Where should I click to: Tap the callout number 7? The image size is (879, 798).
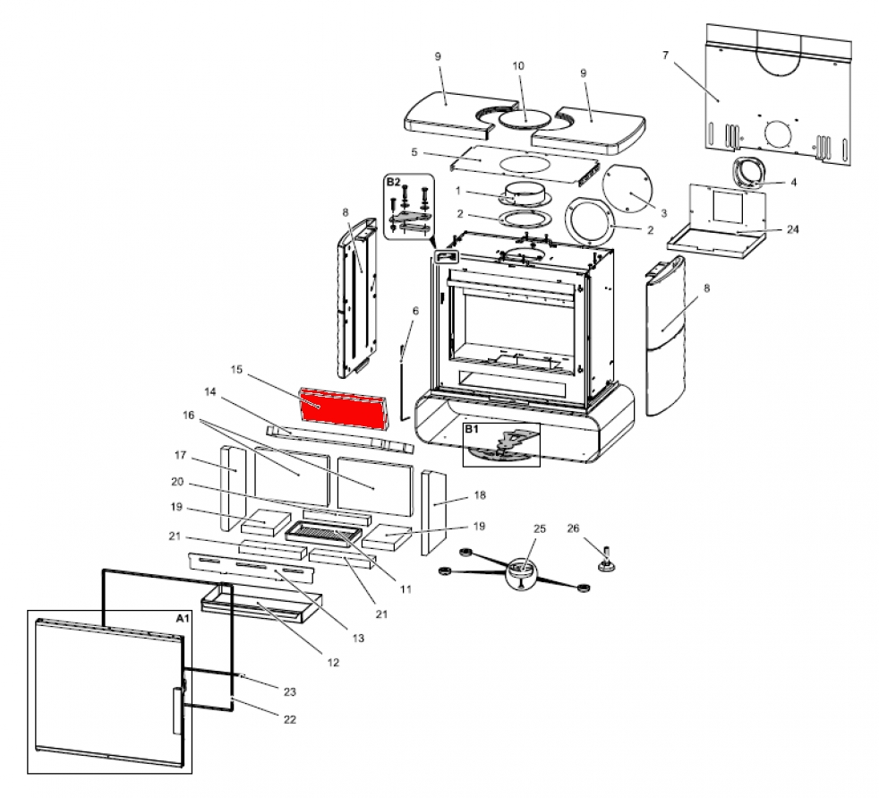pyautogui.click(x=665, y=56)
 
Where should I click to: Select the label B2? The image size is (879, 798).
pyautogui.click(x=394, y=182)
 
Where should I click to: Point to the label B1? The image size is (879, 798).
pyautogui.click(x=471, y=430)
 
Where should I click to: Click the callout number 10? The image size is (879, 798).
pyautogui.click(x=517, y=66)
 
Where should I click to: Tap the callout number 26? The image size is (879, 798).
pyautogui.click(x=574, y=528)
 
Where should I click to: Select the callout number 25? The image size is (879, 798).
pyautogui.click(x=539, y=528)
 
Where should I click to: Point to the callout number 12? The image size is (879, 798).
pyautogui.click(x=333, y=663)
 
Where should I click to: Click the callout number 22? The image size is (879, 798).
pyautogui.click(x=289, y=719)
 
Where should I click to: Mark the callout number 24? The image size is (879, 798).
pyautogui.click(x=793, y=229)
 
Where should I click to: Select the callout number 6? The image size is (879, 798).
pyautogui.click(x=414, y=311)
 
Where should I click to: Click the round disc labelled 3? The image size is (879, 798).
pyautogui.click(x=630, y=192)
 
